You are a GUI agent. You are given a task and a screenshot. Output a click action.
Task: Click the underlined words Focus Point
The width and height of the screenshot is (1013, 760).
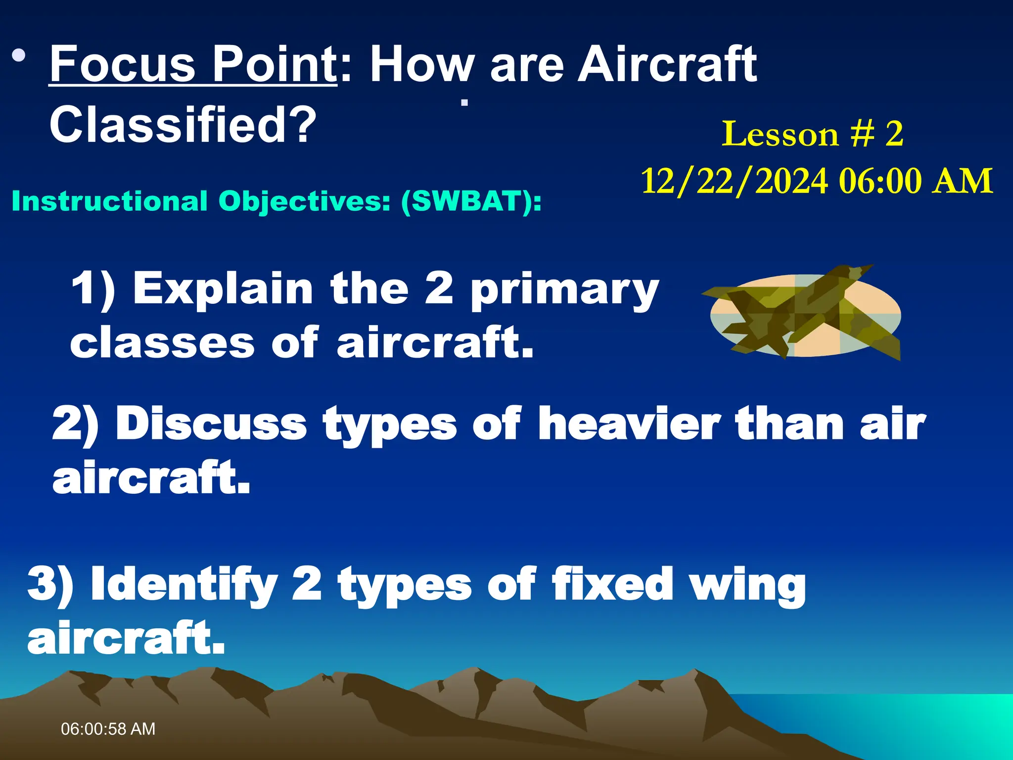pyautogui.click(x=193, y=64)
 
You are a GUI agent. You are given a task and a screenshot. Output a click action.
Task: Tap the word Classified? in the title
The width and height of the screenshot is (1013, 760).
pyautogui.click(x=183, y=125)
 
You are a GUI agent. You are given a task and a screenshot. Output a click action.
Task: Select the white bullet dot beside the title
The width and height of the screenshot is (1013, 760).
pyautogui.click(x=19, y=55)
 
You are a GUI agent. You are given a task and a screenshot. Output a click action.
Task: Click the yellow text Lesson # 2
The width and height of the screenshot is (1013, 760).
pyautogui.click(x=813, y=134)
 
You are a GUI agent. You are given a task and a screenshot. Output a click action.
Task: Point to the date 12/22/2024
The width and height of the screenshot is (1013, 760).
pyautogui.click(x=734, y=181)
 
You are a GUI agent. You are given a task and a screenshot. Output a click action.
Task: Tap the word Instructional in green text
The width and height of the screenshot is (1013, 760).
pyautogui.click(x=109, y=201)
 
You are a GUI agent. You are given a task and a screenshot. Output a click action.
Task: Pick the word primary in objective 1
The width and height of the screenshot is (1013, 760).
pyautogui.click(x=564, y=290)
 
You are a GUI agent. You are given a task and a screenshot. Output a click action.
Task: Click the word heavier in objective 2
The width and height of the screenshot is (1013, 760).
pyautogui.click(x=629, y=424)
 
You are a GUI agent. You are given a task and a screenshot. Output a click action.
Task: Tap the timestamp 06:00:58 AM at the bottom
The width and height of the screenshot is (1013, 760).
pyautogui.click(x=108, y=729)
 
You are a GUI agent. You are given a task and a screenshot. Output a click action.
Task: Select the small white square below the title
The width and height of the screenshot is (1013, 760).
pyautogui.click(x=464, y=103)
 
